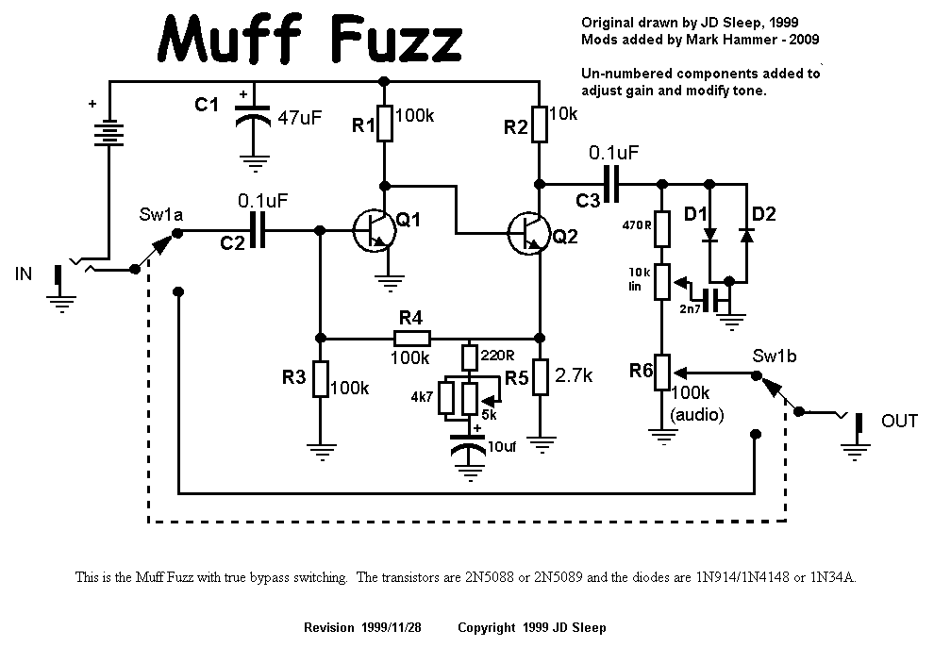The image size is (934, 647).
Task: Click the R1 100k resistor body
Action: pos(384,123)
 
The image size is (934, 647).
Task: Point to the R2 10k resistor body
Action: pos(540,123)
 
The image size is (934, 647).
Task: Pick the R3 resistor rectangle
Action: pos(321,379)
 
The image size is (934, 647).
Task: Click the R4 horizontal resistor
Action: pos(411,339)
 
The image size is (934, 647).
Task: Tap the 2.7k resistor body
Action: pos(540,376)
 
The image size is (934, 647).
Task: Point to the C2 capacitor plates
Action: pos(258,229)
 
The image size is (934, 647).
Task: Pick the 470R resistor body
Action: pos(662,227)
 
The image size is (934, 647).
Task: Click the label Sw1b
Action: pos(772,357)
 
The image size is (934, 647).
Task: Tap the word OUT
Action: pos(898,421)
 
